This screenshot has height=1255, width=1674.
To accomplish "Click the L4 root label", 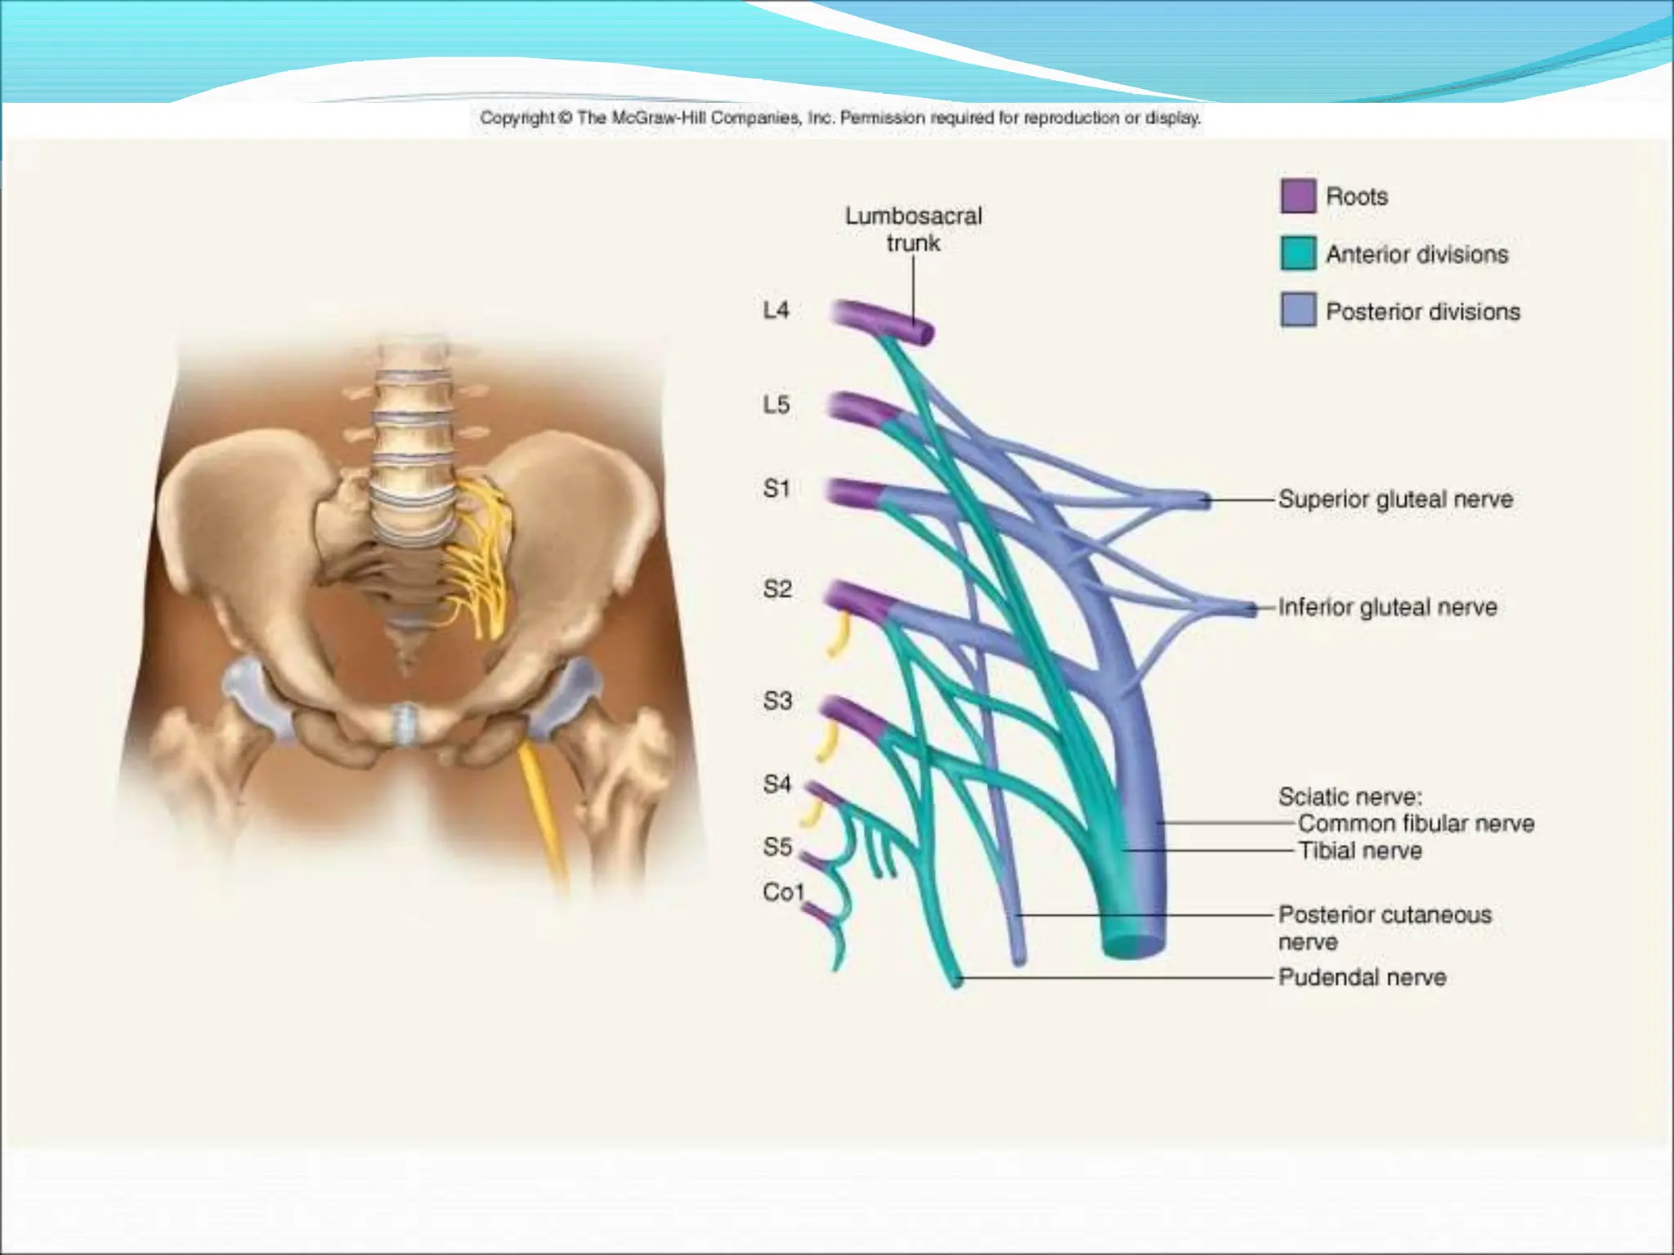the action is click(776, 310).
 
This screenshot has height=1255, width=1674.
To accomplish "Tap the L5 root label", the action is click(776, 404).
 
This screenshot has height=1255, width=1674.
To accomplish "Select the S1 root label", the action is click(776, 489).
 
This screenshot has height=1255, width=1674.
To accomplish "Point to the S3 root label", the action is click(777, 701).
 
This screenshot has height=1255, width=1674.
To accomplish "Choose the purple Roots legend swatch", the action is click(1297, 196).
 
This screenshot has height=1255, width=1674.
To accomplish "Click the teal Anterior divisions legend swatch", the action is click(1297, 253).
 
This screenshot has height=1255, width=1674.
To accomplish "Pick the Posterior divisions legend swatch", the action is click(1297, 310).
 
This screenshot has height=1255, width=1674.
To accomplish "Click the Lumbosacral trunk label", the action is click(913, 230).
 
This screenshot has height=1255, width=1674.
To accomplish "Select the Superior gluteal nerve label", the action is click(1395, 499).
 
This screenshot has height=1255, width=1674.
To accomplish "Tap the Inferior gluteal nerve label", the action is click(1387, 607).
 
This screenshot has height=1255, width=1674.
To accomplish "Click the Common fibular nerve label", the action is click(1416, 823).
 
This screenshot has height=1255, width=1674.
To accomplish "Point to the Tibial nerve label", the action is click(1360, 851).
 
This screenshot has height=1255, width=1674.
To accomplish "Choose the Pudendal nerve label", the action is click(1362, 977).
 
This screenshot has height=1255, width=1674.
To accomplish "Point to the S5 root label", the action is click(777, 847).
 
